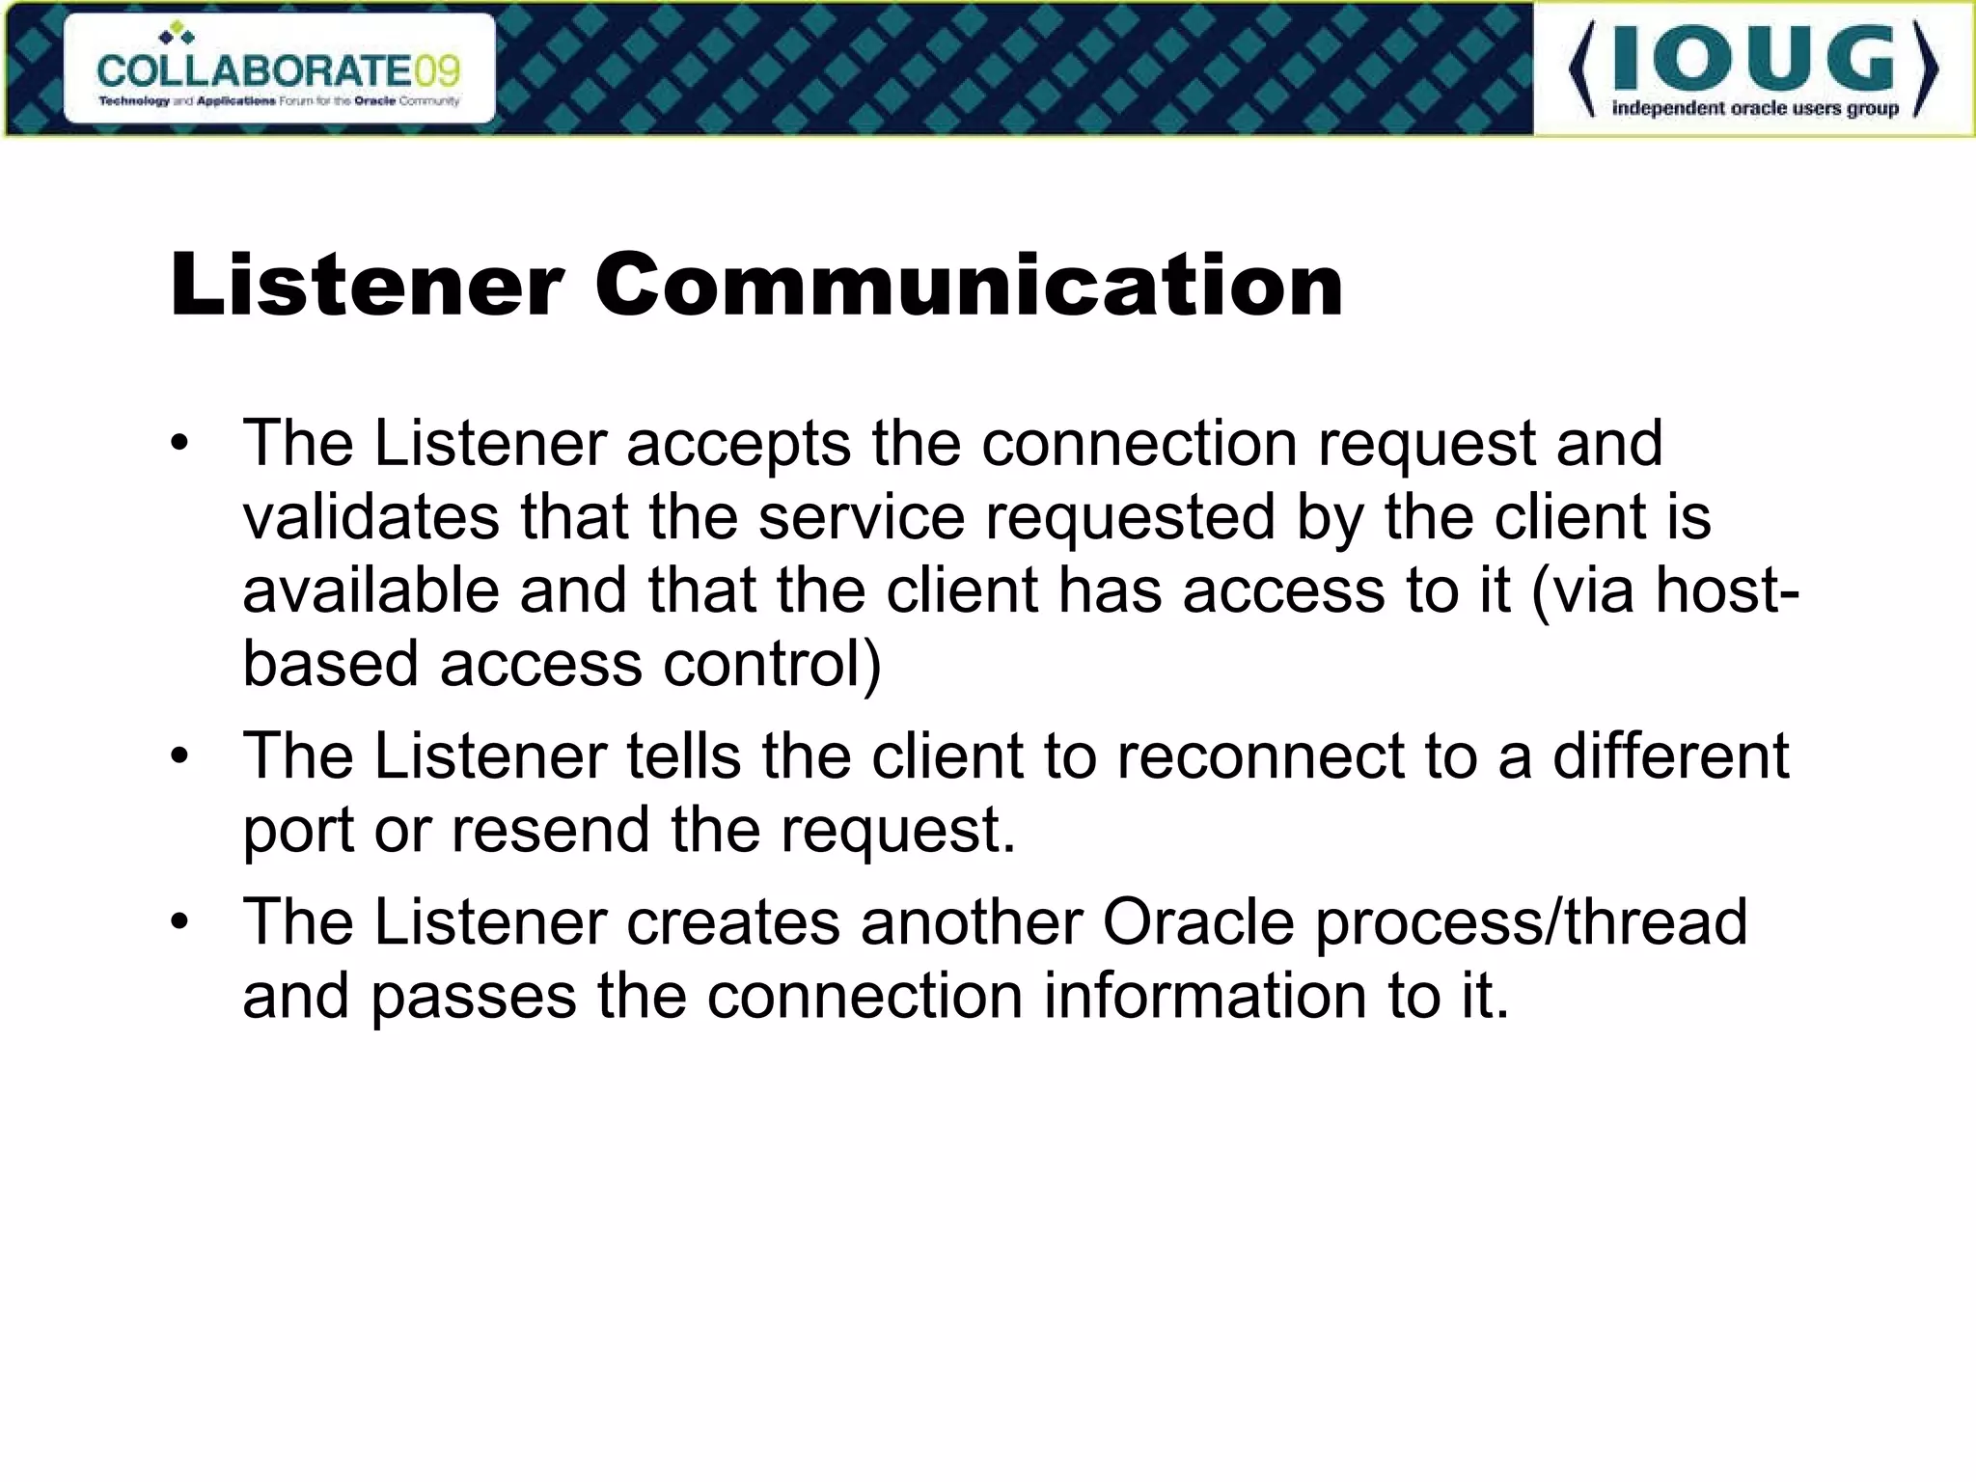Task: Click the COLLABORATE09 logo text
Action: (278, 70)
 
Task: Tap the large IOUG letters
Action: (1753, 60)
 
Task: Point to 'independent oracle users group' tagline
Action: (1755, 108)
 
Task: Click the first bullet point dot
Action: (180, 446)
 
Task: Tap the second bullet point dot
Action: (180, 757)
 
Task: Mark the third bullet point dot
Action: (180, 923)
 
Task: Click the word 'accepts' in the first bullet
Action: (738, 446)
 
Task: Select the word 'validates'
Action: (370, 517)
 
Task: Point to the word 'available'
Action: (370, 590)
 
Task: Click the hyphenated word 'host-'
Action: (1727, 590)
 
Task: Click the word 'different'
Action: (1670, 755)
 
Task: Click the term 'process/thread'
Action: (1531, 923)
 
